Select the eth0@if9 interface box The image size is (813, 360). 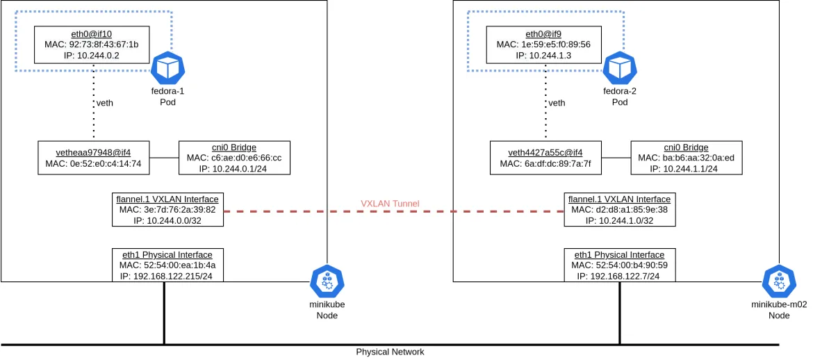point(543,44)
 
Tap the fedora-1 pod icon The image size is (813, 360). point(167,68)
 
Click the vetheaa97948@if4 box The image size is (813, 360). point(93,158)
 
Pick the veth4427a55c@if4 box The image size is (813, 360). point(545,158)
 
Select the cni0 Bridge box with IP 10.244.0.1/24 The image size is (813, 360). point(233,158)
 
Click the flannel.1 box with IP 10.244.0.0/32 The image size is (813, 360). point(167,210)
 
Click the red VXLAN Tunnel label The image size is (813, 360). point(390,204)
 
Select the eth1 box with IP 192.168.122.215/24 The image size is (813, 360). point(167,265)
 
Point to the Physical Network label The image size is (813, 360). point(390,352)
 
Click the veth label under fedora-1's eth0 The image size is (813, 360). point(104,103)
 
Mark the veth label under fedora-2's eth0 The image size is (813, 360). point(557,103)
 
